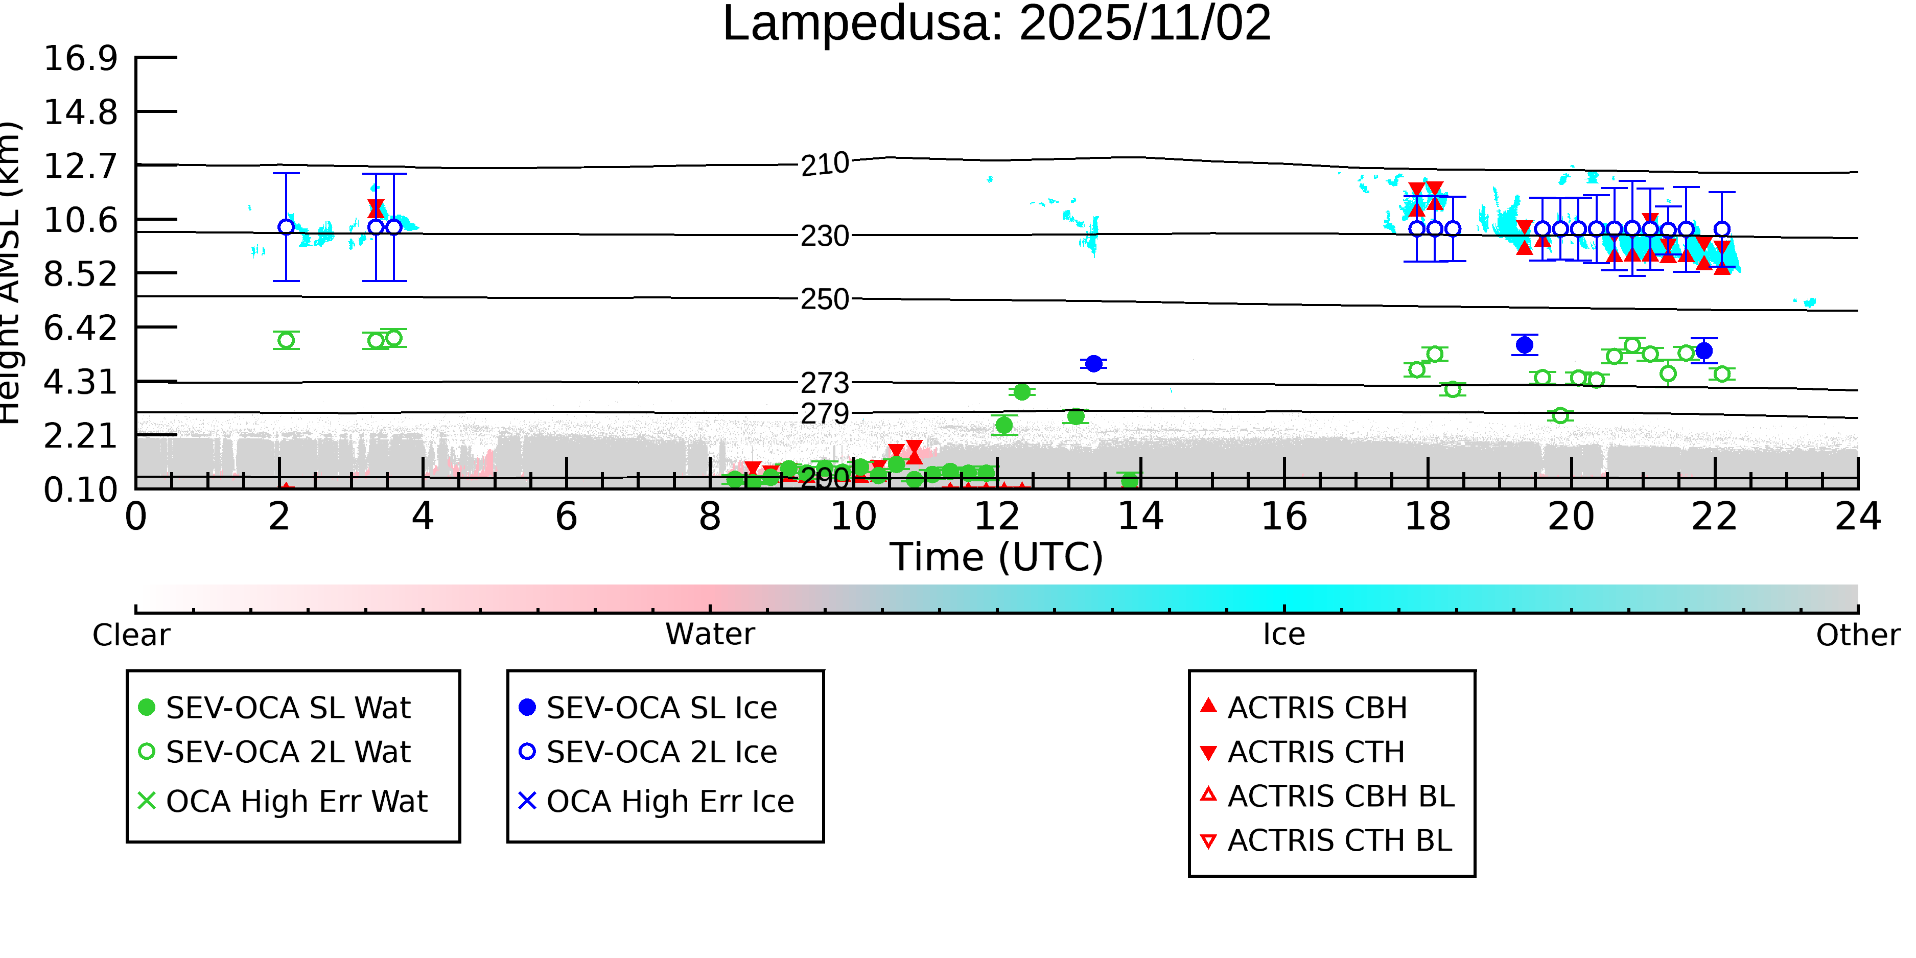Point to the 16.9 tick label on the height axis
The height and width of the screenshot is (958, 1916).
point(80,58)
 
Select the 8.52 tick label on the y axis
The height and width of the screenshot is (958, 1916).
point(80,274)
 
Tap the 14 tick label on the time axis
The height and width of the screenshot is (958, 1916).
point(1140,516)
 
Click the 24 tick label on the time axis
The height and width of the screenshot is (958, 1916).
point(1857,516)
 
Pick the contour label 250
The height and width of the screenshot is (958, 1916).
point(825,300)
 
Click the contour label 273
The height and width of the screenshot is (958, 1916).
point(825,383)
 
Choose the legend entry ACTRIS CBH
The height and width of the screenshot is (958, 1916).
point(1317,707)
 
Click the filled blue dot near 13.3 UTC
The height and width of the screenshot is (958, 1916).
point(1093,364)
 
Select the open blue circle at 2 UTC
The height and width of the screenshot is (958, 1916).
point(286,227)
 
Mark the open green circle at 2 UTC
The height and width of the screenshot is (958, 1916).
point(286,341)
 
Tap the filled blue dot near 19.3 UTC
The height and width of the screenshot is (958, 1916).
point(1525,345)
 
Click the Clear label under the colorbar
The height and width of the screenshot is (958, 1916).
point(131,635)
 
